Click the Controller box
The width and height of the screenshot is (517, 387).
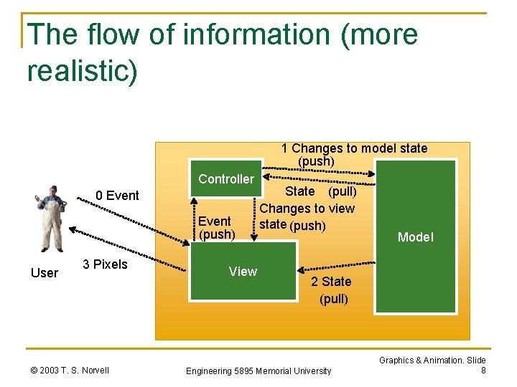(x=226, y=179)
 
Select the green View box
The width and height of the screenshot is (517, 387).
(x=243, y=270)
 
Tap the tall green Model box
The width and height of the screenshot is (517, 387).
(x=416, y=236)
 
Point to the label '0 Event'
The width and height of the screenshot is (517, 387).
(x=118, y=196)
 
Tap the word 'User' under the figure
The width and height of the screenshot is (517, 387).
(x=45, y=272)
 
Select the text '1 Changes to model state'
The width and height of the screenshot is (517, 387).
(x=354, y=148)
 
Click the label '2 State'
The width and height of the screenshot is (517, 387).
(x=331, y=282)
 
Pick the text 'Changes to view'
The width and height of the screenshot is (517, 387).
(x=307, y=209)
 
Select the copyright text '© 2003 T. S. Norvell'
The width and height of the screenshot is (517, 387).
(x=70, y=370)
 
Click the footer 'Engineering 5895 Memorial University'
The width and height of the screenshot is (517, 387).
(x=258, y=371)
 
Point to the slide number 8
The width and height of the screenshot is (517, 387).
(x=483, y=371)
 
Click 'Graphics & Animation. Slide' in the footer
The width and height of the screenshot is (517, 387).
(x=432, y=360)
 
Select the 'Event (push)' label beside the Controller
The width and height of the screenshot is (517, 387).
(x=215, y=227)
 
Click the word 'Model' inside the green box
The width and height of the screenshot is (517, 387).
(x=416, y=237)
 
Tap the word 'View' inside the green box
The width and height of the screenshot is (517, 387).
(x=243, y=271)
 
